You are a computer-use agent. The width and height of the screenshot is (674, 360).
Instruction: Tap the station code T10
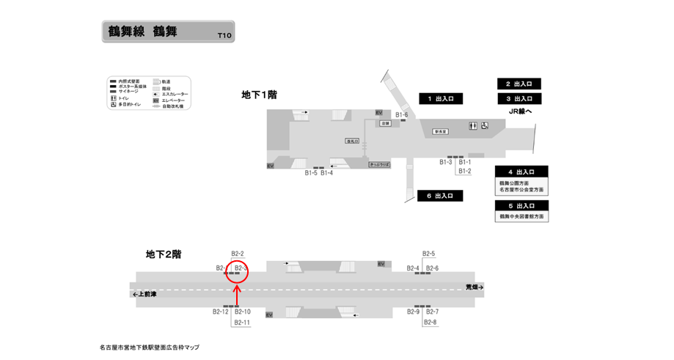[224, 35]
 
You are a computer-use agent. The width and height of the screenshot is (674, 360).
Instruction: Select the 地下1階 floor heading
[259, 95]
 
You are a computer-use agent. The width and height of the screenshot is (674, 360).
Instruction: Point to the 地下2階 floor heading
[164, 254]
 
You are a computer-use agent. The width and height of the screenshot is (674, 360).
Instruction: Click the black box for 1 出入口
[440, 98]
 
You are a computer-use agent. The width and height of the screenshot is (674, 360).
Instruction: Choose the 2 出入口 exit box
[519, 84]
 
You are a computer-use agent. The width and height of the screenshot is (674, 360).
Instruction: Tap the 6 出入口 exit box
[440, 196]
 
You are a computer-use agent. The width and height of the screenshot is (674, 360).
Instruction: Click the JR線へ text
[519, 111]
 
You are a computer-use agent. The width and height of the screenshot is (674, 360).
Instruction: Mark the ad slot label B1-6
[401, 114]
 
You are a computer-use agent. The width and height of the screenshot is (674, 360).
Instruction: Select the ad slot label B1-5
[311, 173]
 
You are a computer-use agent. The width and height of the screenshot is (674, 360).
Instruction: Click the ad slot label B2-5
[428, 254]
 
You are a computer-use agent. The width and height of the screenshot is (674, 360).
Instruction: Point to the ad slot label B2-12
[221, 312]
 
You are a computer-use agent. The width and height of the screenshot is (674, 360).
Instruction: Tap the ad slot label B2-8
[430, 323]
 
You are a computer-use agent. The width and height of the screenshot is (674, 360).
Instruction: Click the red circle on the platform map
[237, 273]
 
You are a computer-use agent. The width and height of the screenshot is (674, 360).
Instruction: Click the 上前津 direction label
[146, 294]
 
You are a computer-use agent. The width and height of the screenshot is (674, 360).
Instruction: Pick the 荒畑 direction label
[475, 287]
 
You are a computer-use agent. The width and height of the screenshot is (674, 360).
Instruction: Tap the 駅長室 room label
[441, 132]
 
